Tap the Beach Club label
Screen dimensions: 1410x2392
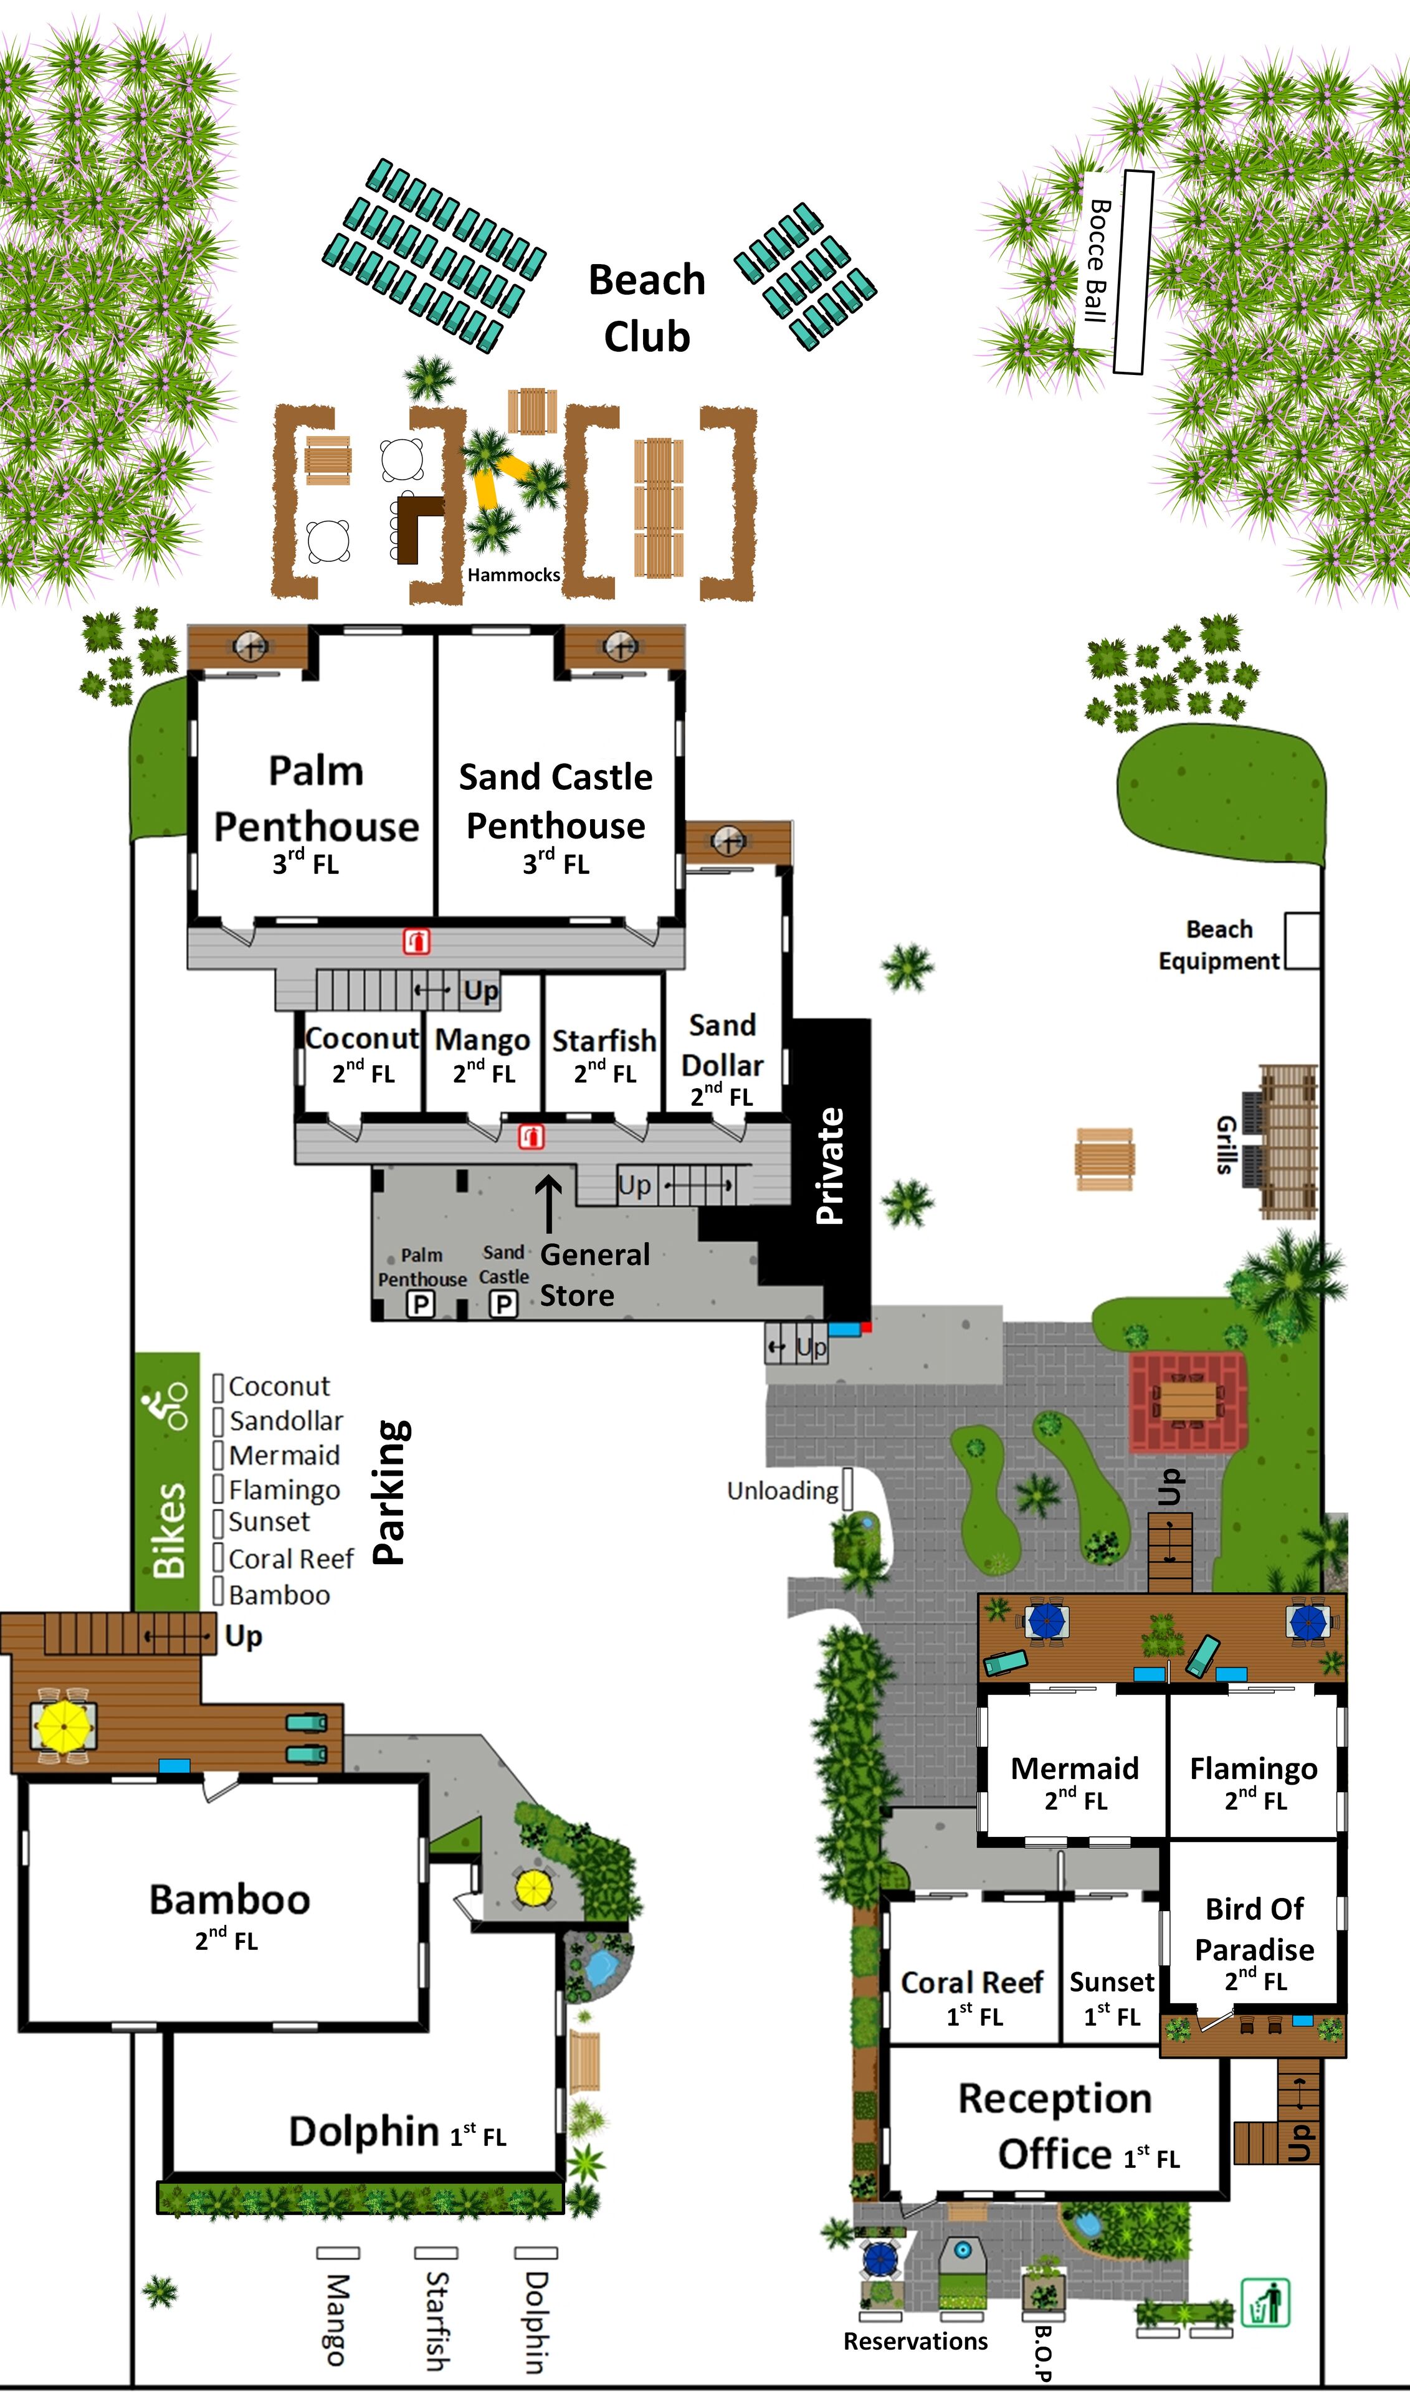point(647,308)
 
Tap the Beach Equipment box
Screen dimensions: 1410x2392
point(1302,941)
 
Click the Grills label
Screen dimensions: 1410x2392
point(1225,1145)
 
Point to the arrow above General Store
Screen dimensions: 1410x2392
point(548,1205)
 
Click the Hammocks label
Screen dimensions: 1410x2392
point(513,575)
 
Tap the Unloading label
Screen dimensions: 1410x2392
point(782,1491)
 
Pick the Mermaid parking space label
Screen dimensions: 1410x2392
point(284,1455)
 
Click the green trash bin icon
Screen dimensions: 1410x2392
point(1265,2303)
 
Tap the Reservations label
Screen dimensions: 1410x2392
point(915,2341)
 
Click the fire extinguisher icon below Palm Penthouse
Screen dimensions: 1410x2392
point(416,941)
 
